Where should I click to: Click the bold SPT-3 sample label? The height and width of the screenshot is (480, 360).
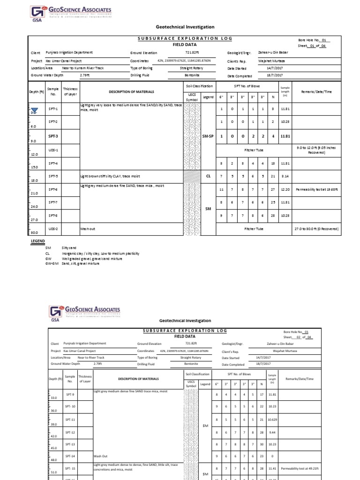53,136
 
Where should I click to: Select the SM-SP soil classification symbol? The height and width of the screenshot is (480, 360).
208,136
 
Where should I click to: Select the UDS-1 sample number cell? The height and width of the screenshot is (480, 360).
53,150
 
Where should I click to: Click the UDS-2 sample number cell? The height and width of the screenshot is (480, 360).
53,229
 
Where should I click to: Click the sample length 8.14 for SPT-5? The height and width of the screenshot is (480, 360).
285,177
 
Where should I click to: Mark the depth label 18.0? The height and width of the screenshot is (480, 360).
33,180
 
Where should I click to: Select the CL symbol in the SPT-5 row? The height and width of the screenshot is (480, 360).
208,177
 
